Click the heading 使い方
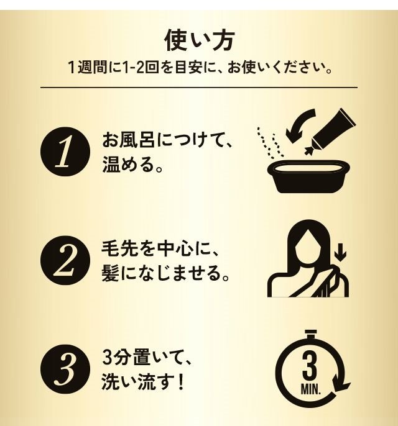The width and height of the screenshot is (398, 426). (x=199, y=40)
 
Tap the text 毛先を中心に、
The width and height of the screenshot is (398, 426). (x=161, y=248)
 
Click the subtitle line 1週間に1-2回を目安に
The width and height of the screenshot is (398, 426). (x=199, y=66)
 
